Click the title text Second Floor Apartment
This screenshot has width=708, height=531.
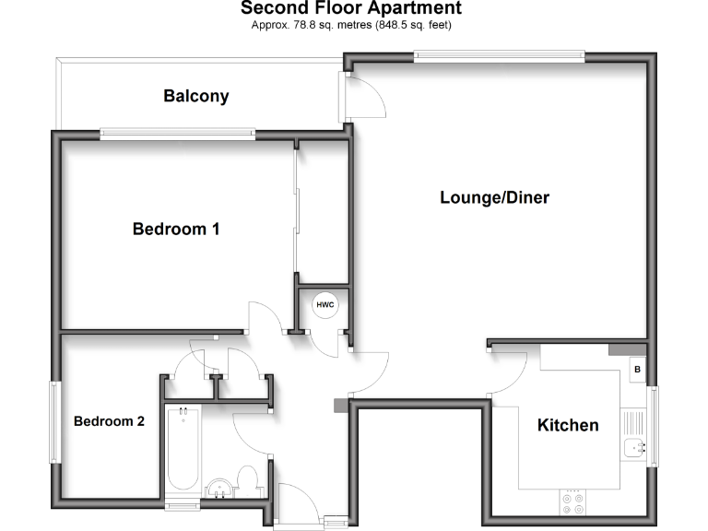(x=351, y=8)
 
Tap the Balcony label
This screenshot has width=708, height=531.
(x=196, y=96)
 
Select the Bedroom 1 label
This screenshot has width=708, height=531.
(x=176, y=229)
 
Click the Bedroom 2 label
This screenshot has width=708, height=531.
(x=109, y=421)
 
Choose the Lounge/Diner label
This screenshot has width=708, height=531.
(x=494, y=197)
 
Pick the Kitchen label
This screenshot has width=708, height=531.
(x=568, y=425)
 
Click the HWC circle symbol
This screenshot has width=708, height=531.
(x=325, y=304)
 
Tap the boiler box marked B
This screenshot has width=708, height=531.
(x=636, y=370)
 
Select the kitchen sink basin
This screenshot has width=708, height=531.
(x=634, y=449)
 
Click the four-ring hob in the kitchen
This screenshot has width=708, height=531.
(x=572, y=503)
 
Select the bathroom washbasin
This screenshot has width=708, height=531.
(x=218, y=489)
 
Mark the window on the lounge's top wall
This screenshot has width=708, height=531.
(x=499, y=56)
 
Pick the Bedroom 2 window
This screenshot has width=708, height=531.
(x=55, y=421)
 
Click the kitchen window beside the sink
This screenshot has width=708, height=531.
(x=655, y=425)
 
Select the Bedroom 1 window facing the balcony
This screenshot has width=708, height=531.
(x=177, y=134)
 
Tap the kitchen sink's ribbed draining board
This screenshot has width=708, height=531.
(x=634, y=423)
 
